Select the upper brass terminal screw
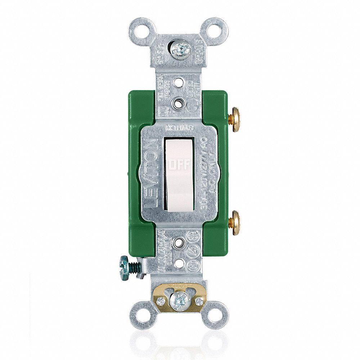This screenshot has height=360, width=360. click(x=235, y=120)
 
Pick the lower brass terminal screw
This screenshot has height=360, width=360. click(x=235, y=223)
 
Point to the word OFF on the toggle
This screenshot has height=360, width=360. click(x=179, y=165)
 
